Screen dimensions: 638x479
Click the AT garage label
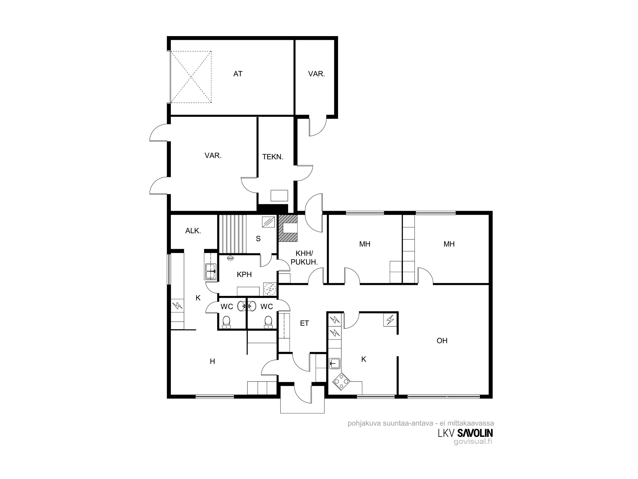(238, 74)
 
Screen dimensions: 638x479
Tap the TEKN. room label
(273, 157)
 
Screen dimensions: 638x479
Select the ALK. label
(193, 231)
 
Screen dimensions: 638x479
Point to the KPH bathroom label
(244, 274)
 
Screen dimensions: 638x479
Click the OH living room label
(442, 341)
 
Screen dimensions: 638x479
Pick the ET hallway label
(304, 323)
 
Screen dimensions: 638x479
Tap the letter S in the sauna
(258, 239)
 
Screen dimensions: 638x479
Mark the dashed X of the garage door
(191, 77)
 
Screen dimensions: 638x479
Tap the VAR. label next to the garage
(316, 74)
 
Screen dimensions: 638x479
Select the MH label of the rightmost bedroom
(449, 244)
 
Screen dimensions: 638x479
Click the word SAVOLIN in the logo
(475, 433)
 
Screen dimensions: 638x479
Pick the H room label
(212, 361)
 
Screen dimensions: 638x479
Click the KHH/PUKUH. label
(304, 258)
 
